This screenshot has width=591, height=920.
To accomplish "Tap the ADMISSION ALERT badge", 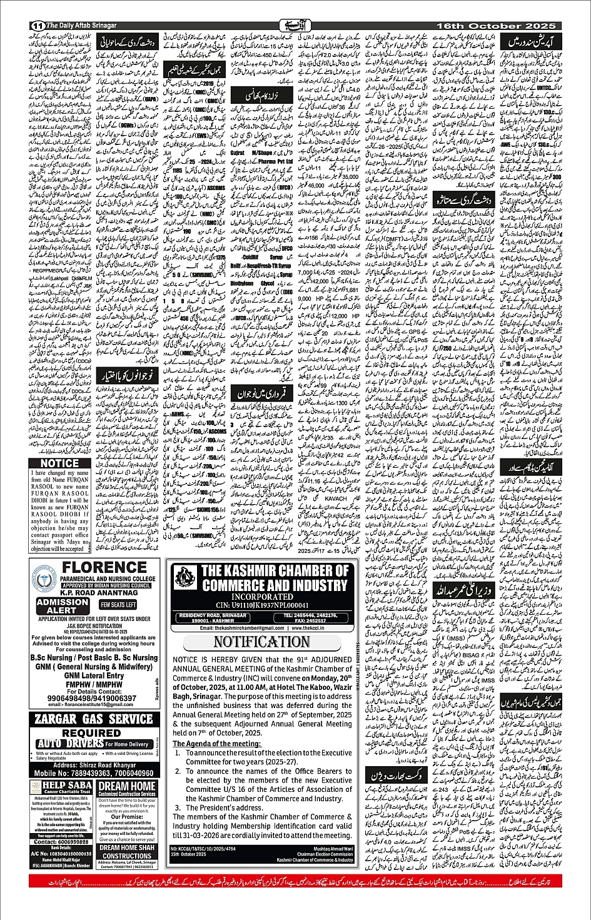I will [62, 605].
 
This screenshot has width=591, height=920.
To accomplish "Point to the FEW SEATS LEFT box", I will [118, 605].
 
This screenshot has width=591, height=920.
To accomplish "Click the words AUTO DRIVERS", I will [69, 744].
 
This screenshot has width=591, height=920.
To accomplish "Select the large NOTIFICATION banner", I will [261, 642].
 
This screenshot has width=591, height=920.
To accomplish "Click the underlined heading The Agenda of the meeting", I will [216, 743].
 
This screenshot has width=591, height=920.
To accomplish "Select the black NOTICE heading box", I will [60, 463].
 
